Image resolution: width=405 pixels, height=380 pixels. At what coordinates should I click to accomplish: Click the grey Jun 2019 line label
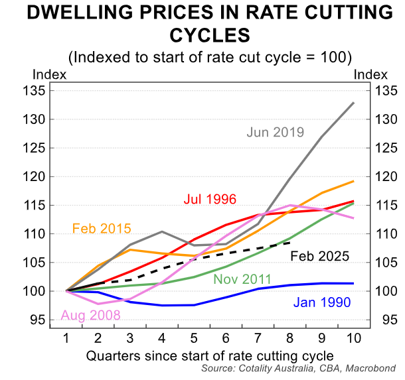275,132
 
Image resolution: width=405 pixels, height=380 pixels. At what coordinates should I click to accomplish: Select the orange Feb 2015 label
101,229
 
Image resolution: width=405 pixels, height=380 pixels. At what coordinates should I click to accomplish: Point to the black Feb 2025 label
320,255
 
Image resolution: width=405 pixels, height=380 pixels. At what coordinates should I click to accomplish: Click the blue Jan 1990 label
321,302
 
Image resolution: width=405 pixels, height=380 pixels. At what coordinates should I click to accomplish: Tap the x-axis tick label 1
67,338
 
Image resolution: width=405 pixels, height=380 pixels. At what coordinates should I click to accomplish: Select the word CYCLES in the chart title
203,34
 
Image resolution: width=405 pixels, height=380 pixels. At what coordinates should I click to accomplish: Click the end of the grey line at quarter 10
353,103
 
